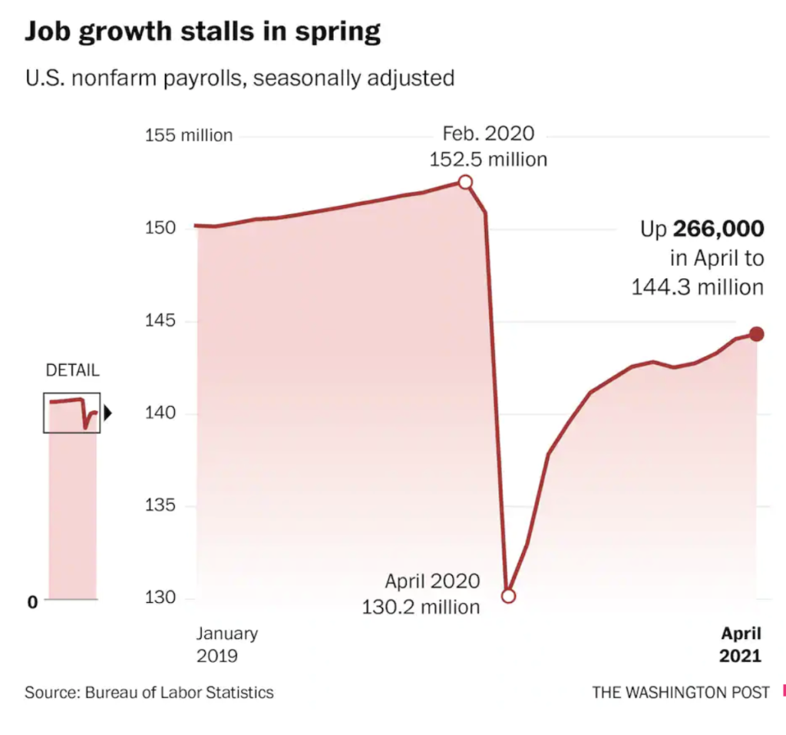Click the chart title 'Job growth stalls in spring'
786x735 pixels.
(x=203, y=32)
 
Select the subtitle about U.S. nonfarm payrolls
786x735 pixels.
(x=239, y=78)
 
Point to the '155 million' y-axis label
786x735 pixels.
(x=189, y=136)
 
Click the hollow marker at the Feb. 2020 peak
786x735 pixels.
(x=465, y=182)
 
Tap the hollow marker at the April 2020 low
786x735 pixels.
(x=507, y=596)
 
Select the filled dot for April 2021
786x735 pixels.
(x=757, y=333)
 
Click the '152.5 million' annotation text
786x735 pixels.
(x=488, y=160)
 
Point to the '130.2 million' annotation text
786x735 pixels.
(x=421, y=607)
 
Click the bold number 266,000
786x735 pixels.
(x=718, y=229)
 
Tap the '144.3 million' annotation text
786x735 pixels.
(x=697, y=287)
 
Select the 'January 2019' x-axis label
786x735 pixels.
(x=226, y=644)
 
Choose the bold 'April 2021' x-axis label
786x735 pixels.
(x=740, y=644)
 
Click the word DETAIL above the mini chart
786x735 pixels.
(x=73, y=370)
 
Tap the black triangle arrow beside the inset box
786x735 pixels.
(x=107, y=414)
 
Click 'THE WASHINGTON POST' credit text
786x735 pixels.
(x=680, y=693)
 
